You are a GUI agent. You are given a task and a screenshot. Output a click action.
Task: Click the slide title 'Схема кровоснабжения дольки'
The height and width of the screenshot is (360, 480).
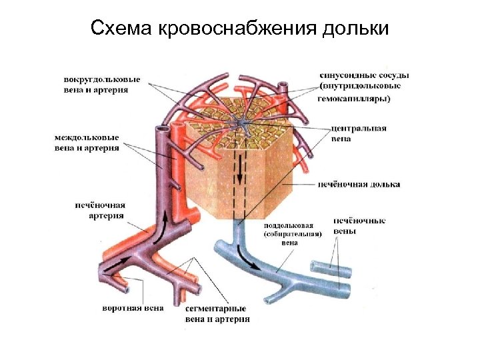239,29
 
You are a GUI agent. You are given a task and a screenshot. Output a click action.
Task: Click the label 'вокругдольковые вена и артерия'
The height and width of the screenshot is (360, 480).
103,84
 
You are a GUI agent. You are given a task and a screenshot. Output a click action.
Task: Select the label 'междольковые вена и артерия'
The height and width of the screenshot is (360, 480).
87,142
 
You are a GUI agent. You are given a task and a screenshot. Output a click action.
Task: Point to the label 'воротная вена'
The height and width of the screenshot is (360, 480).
133,309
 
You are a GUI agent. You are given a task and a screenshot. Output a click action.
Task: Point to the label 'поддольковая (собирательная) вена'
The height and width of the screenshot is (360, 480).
293,234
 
